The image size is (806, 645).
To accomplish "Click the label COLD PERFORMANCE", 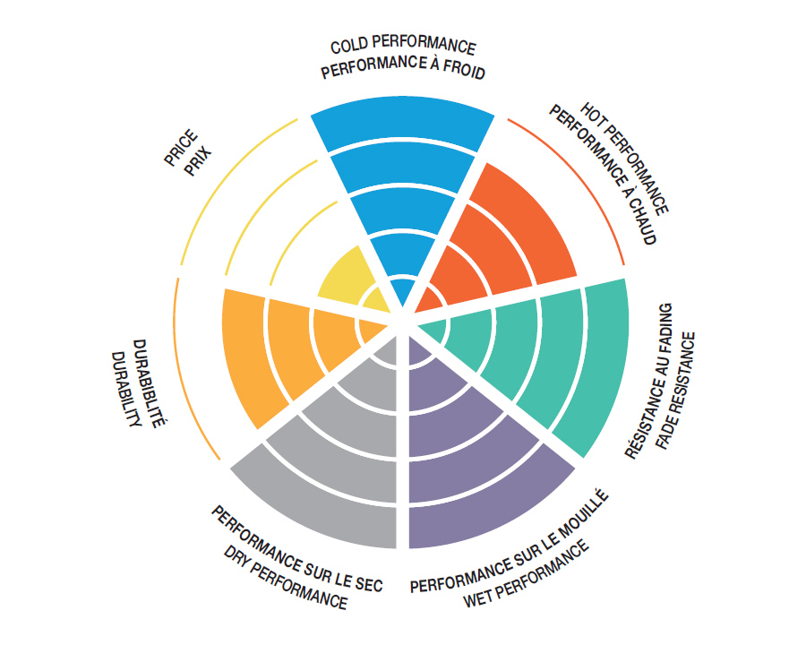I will click(402, 47).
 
